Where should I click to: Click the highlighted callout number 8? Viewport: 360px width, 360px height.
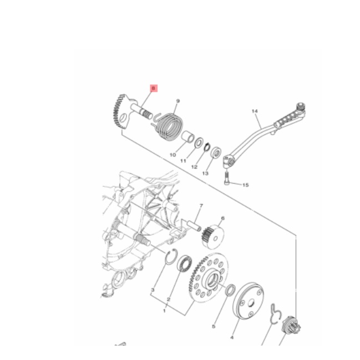click(x=154, y=88)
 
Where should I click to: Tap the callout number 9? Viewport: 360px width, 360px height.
click(x=178, y=101)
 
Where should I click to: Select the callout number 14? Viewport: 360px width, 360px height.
click(x=255, y=111)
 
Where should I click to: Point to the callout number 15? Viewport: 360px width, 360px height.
click(x=245, y=185)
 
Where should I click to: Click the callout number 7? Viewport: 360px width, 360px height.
click(x=201, y=205)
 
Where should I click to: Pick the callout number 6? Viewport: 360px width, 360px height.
click(x=222, y=218)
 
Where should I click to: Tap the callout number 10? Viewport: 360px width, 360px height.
click(x=173, y=155)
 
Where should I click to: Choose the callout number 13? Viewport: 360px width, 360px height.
click(x=205, y=173)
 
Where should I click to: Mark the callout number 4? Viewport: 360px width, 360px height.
click(x=232, y=337)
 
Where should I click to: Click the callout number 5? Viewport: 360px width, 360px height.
click(x=214, y=326)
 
